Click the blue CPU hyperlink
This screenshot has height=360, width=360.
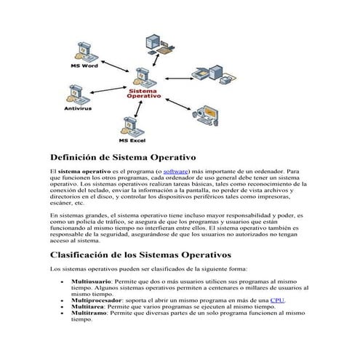(x=277, y=300)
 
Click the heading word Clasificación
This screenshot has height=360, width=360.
(x=84, y=255)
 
